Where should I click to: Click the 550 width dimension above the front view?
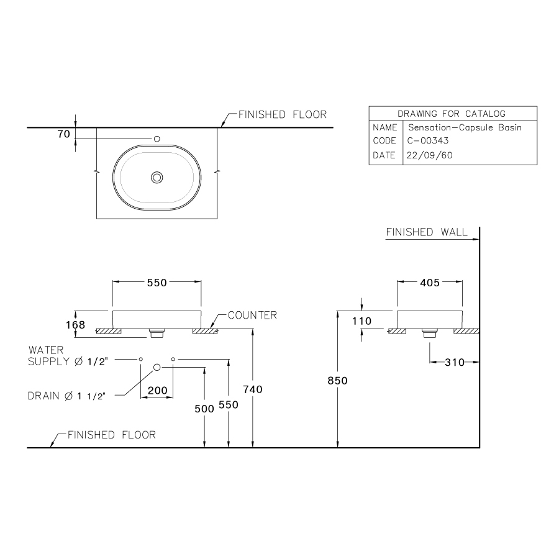(x=157, y=283)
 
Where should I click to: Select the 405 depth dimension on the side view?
(x=429, y=283)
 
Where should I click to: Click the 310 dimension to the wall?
(x=455, y=362)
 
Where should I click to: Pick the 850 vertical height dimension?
(x=338, y=381)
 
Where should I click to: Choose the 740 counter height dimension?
(x=253, y=389)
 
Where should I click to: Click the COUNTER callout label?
(x=252, y=316)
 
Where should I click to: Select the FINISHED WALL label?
(x=427, y=232)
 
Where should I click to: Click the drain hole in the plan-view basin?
(x=157, y=178)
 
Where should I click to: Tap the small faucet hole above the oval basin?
(x=157, y=139)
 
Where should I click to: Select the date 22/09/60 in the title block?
(x=429, y=155)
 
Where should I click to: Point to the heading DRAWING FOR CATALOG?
(x=452, y=114)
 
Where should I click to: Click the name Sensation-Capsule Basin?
(x=463, y=127)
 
